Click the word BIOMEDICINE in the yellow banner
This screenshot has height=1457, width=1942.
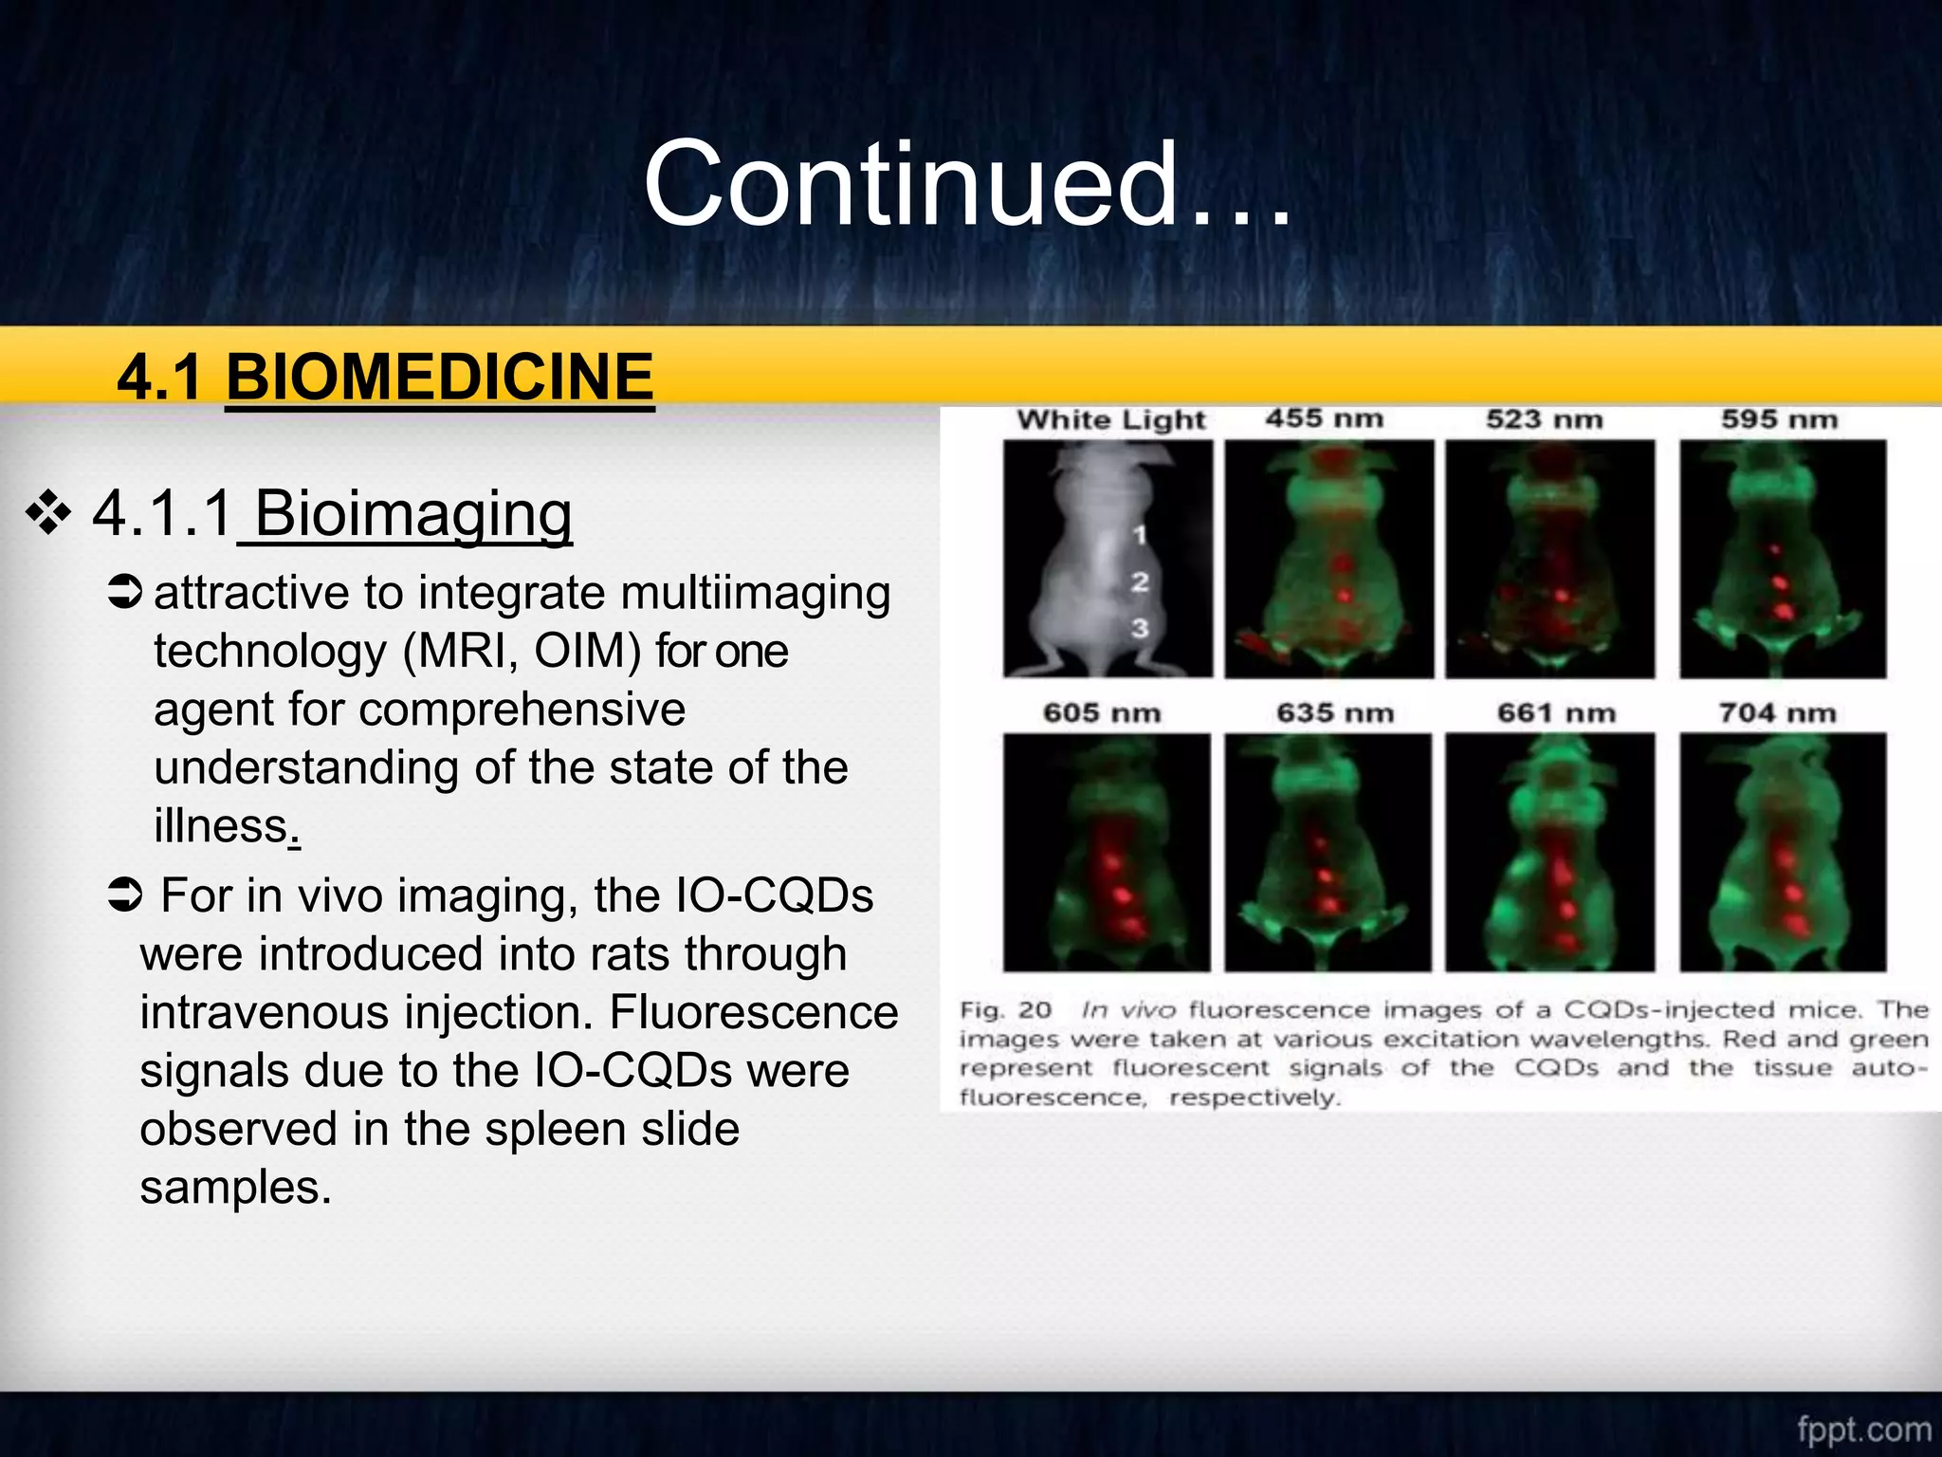[x=439, y=377]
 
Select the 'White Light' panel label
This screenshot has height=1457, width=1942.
[x=1110, y=419]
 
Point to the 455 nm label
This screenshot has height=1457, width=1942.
[x=1324, y=418]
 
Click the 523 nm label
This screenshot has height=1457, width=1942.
[x=1544, y=419]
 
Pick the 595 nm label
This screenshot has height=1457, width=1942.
[x=1779, y=419]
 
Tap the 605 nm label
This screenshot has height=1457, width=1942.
[x=1101, y=712]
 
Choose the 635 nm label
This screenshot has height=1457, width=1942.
[x=1334, y=712]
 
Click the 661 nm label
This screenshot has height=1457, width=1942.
[x=1556, y=712]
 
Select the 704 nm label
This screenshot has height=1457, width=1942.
[x=1777, y=712]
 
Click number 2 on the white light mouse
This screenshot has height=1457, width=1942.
[x=1140, y=581]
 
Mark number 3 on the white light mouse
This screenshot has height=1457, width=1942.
[x=1140, y=627]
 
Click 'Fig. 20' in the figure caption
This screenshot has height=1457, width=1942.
[x=1005, y=1009]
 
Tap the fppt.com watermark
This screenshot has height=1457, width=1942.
[x=1863, y=1429]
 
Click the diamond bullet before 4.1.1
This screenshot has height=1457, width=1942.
[x=48, y=514]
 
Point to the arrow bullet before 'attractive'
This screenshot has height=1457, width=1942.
[x=124, y=593]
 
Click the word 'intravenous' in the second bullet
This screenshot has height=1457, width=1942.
[x=265, y=1012]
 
